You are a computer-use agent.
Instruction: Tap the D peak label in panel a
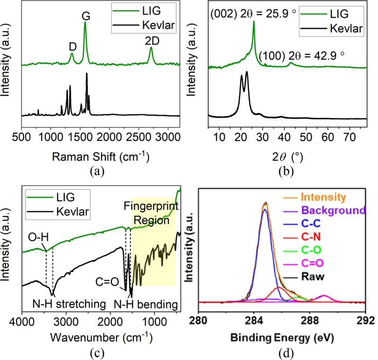72,46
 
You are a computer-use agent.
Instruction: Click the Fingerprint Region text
154,213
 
